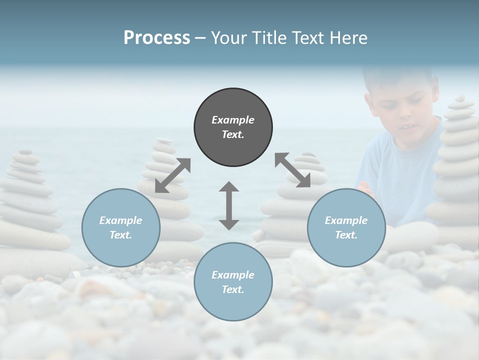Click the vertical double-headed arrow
tap(229, 205)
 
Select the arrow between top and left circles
tap(173, 175)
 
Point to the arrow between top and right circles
tap(292, 170)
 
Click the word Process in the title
tap(157, 37)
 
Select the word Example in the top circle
tap(233, 120)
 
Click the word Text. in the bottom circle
tap(233, 289)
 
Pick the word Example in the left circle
tap(121, 220)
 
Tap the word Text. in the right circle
tap(346, 235)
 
